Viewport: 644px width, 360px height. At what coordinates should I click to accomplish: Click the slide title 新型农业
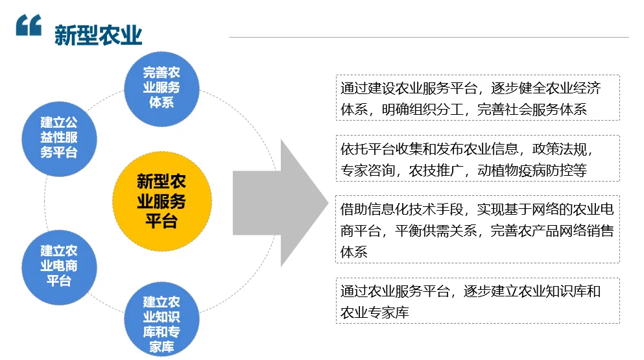[98, 34]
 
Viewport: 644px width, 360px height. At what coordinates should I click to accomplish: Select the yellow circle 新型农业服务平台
[161, 201]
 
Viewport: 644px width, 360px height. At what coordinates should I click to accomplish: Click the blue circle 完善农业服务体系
[161, 88]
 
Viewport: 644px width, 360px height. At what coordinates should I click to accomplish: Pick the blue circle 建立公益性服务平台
[59, 138]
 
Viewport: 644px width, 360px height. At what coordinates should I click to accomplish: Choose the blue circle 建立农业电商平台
[59, 266]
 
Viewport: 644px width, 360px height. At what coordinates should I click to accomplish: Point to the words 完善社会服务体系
[532, 110]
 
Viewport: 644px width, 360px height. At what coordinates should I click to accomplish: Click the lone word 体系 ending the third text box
[354, 251]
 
